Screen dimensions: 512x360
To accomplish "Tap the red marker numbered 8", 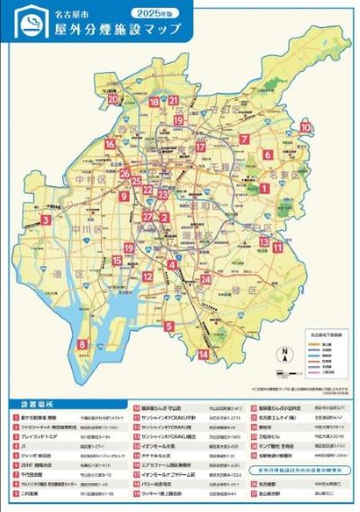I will coord(83,344).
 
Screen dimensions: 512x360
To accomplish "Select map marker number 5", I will coord(169,326).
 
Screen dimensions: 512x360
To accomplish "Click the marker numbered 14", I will coord(203,355).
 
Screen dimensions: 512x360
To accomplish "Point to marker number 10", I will coord(306,128).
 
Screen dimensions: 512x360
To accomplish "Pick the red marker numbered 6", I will coord(267,154).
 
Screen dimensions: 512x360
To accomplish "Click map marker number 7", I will coord(244,139).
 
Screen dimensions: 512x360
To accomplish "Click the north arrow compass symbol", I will coord(283,353).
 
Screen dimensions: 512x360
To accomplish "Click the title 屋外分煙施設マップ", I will coord(117,31).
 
